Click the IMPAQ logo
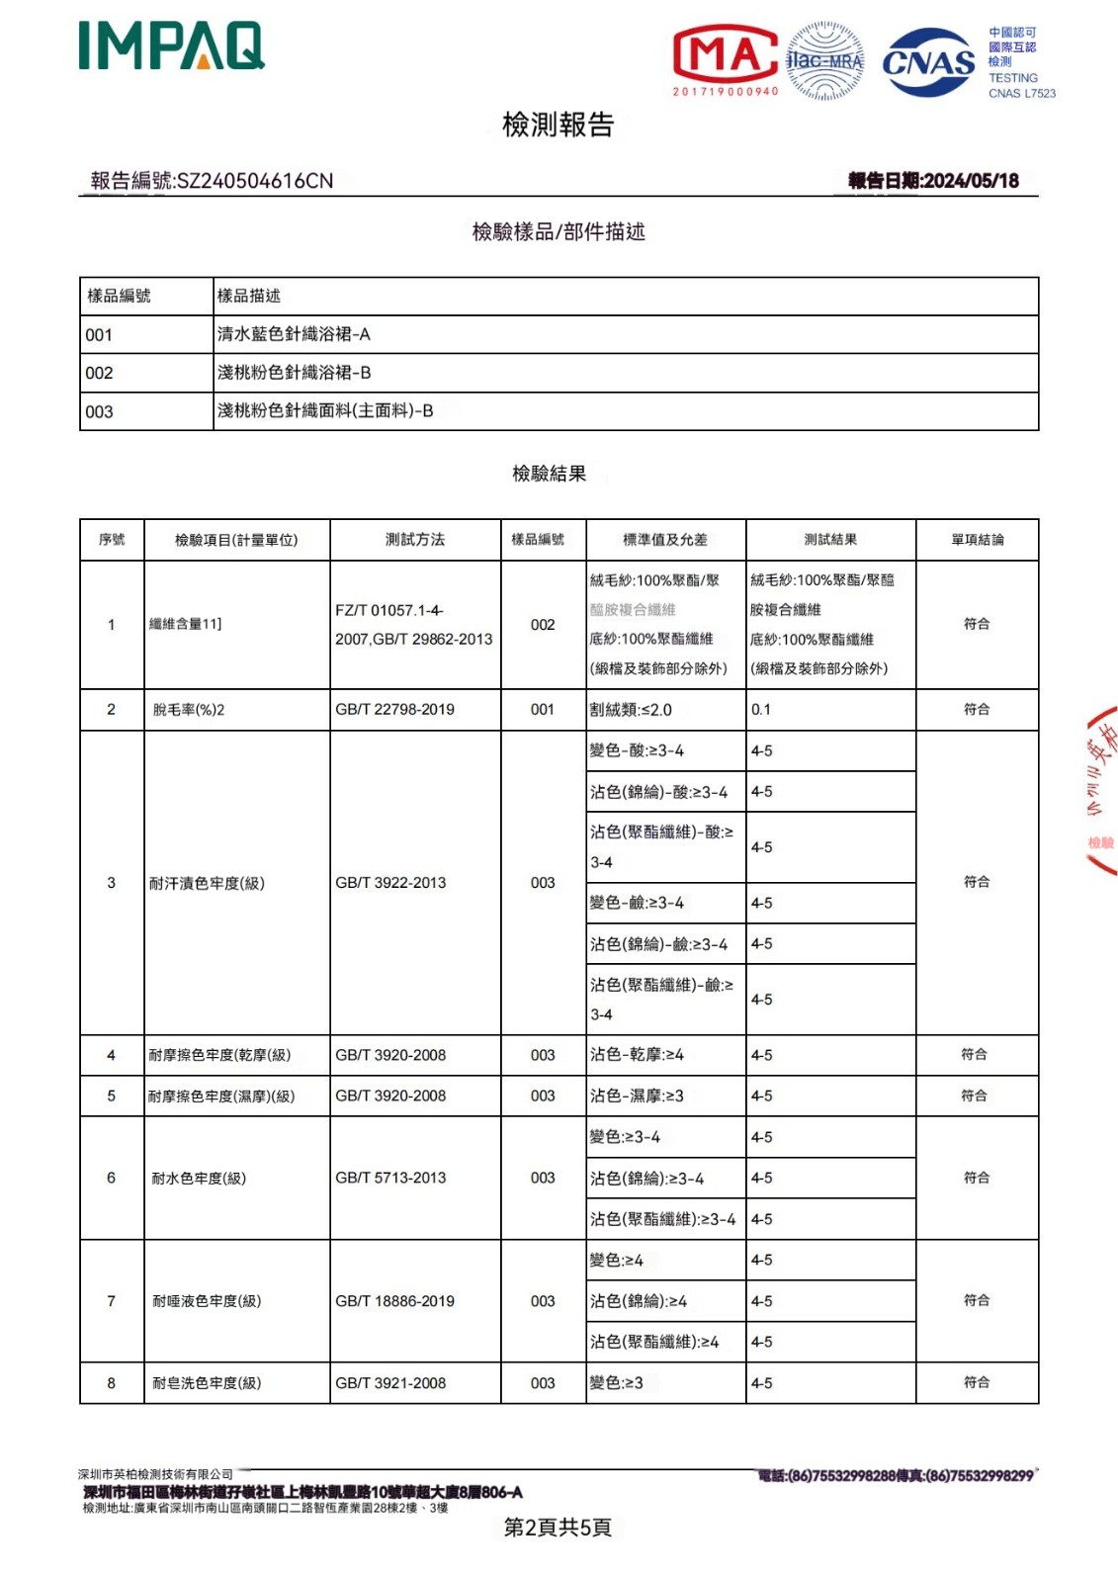point(172,46)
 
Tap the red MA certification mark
point(725,56)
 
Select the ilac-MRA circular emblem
point(824,61)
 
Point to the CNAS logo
point(928,62)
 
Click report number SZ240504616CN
point(254,181)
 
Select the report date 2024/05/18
point(970,180)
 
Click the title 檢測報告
point(558,125)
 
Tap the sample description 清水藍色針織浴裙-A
point(294,334)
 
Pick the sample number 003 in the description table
point(99,411)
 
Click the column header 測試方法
point(414,539)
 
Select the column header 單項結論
point(977,539)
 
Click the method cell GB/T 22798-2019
point(394,709)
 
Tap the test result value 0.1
point(760,709)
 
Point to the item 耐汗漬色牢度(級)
point(207,883)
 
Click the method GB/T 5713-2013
point(390,1178)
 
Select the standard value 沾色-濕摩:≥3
point(637,1096)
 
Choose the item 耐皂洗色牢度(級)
point(207,1383)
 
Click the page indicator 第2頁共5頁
point(558,1527)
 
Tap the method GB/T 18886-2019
point(394,1301)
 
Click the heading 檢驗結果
point(549,474)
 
